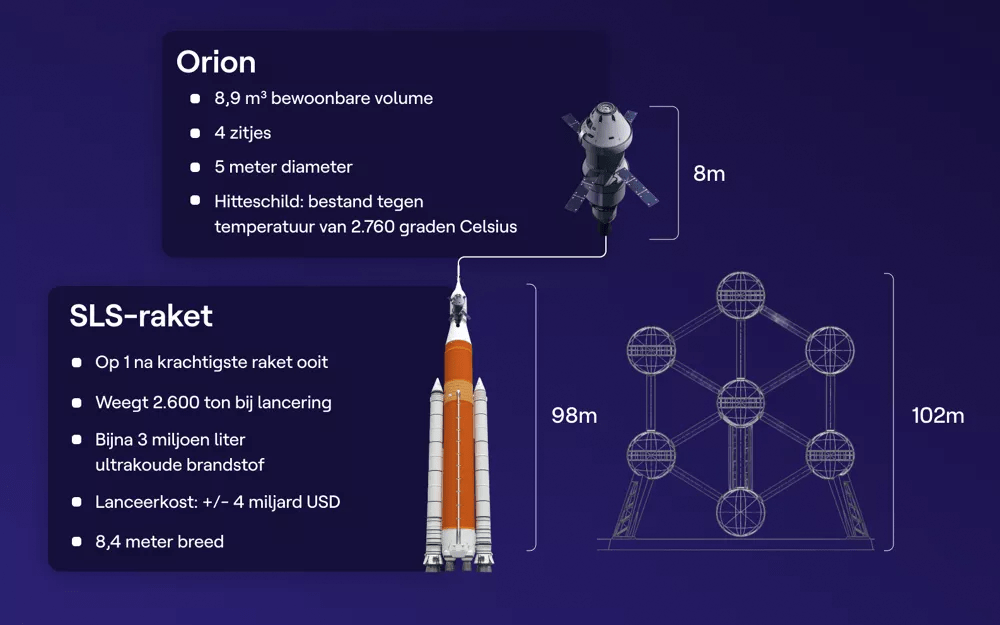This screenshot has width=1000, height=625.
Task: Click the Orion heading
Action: (x=216, y=62)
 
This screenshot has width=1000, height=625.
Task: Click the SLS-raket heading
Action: (x=141, y=316)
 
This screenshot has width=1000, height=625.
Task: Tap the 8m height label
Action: (x=709, y=173)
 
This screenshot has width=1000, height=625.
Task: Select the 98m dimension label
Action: (x=574, y=415)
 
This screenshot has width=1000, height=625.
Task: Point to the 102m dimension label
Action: (x=938, y=415)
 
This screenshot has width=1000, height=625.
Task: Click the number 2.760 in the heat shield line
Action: (x=372, y=226)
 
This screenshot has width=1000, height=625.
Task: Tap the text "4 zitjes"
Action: (x=242, y=133)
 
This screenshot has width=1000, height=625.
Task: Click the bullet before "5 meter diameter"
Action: (x=195, y=167)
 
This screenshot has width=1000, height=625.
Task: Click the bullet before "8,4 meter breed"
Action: (x=77, y=541)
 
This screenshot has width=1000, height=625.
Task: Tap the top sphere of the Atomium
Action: (x=740, y=295)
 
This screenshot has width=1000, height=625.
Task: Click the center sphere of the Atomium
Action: (x=740, y=402)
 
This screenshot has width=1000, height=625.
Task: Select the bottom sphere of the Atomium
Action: (x=740, y=511)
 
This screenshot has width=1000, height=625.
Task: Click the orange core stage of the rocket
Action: (x=459, y=440)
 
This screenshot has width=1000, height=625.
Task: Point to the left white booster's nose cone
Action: (x=437, y=385)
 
